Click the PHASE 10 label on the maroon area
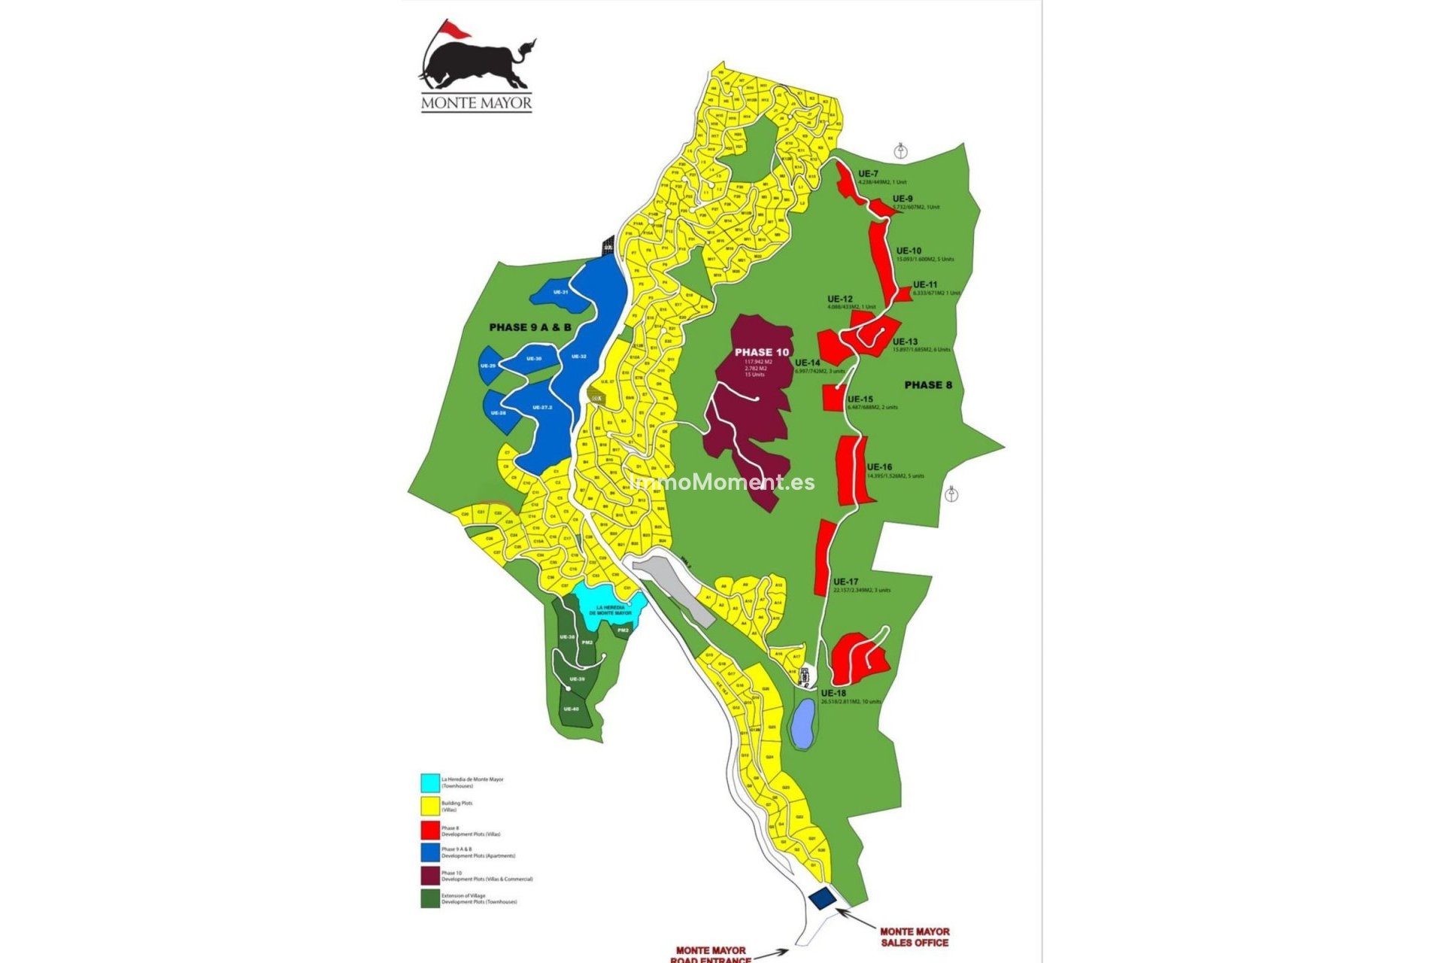(x=762, y=352)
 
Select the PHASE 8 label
(x=928, y=385)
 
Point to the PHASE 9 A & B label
(x=529, y=327)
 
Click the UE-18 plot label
(x=833, y=693)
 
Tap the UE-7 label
(x=868, y=174)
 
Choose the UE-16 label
(x=879, y=467)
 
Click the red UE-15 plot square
(x=833, y=398)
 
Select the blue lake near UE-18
(x=802, y=723)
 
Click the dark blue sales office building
(x=822, y=898)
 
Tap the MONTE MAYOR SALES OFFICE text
(x=914, y=937)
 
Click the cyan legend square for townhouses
(x=430, y=782)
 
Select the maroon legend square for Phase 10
(x=430, y=876)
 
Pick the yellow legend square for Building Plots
(x=430, y=806)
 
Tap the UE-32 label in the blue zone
(x=578, y=357)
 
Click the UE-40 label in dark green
(x=571, y=709)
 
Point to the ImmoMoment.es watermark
(x=723, y=482)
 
